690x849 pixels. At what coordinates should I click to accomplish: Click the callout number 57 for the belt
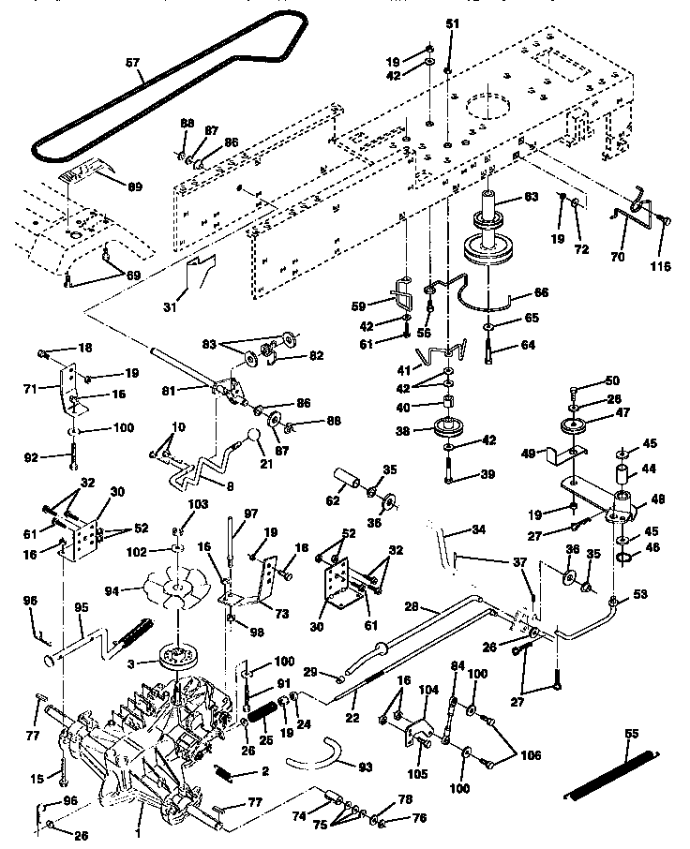click(x=132, y=64)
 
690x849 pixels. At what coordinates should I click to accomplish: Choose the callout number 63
click(x=531, y=197)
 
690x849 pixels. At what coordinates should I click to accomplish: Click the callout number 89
click(x=134, y=187)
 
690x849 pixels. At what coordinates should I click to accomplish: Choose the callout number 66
click(x=541, y=293)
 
